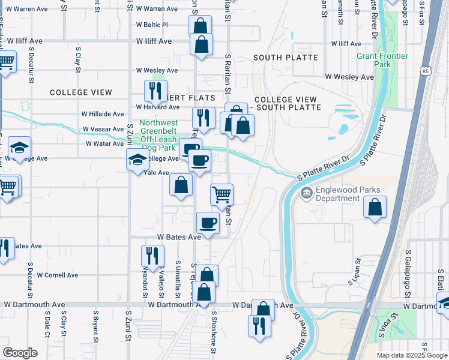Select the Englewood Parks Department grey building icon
[306, 193]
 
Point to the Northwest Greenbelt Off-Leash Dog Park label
[158, 135]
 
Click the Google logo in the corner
[20, 353]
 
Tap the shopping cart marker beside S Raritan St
[221, 194]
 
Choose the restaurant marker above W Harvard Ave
[155, 91]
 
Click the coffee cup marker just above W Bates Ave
[208, 223]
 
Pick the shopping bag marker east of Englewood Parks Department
[375, 208]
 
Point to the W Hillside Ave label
[103, 114]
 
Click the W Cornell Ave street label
[58, 275]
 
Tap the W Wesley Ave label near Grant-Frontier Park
[349, 77]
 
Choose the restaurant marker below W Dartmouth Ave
[259, 326]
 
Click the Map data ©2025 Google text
[411, 355]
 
